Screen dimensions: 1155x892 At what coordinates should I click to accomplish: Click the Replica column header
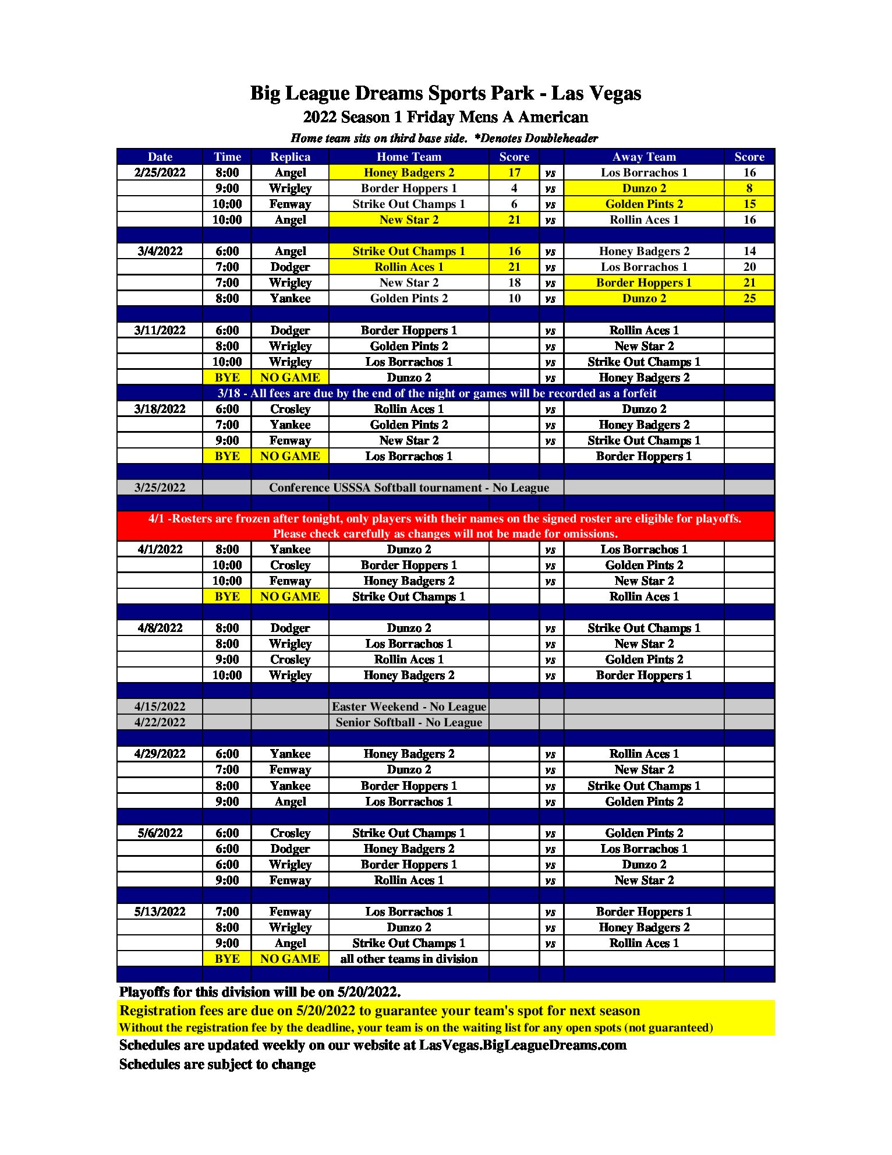290,157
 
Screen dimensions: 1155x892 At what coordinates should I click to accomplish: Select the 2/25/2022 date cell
160,172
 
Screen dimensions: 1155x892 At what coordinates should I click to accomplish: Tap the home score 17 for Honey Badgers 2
514,172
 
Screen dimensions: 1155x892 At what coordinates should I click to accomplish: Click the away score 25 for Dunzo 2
749,298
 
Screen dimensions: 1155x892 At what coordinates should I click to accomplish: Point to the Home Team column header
409,157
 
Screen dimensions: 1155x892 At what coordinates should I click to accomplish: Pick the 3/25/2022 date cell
160,488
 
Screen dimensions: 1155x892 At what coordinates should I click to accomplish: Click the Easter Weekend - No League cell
409,707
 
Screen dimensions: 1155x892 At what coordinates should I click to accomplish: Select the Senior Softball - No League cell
409,722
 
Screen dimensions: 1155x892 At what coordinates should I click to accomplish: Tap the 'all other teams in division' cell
409,959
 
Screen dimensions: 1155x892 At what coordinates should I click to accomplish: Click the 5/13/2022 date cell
160,912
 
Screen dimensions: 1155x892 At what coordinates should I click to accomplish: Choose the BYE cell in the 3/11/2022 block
227,377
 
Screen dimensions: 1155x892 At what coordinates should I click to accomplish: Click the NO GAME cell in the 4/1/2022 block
290,596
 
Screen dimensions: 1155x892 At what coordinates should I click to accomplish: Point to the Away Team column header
644,157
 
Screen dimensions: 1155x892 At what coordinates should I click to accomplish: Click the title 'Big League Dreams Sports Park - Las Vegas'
445,93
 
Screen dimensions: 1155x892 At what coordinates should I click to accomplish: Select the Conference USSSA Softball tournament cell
409,488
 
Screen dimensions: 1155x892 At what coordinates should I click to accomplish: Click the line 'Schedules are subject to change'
217,1064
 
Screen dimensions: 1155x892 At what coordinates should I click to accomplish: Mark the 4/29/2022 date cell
160,754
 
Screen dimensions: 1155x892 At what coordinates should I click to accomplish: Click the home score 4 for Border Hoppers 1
514,188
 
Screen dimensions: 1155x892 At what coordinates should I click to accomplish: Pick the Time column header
227,157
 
